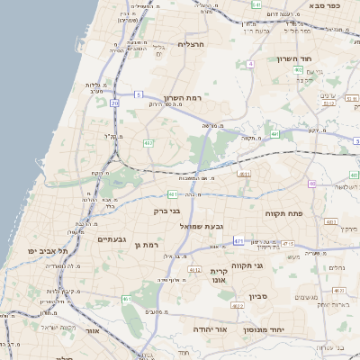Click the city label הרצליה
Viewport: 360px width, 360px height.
click(x=193, y=44)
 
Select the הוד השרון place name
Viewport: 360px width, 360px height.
click(x=318, y=58)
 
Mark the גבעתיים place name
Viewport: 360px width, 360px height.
click(x=115, y=239)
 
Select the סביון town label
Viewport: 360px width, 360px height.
click(x=259, y=296)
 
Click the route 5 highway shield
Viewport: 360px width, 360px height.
click(x=139, y=94)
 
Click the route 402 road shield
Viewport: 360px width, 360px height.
click(x=274, y=134)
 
